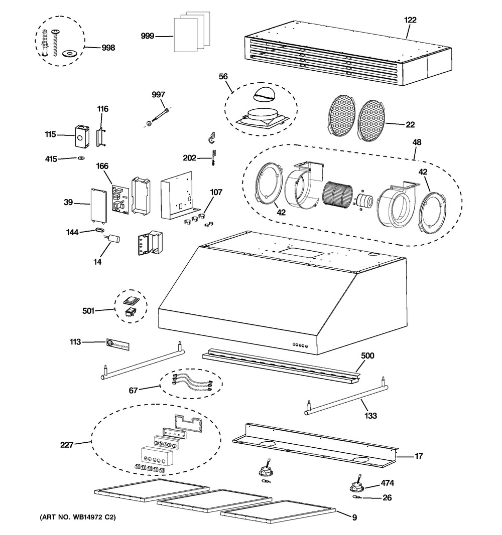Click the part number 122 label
pyautogui.click(x=410, y=20)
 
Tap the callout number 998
pyautogui.click(x=108, y=48)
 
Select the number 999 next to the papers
pyautogui.click(x=148, y=36)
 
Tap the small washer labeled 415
pyautogui.click(x=81, y=158)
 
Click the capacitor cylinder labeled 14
pyautogui.click(x=114, y=238)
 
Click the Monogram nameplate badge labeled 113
pyautogui.click(x=118, y=344)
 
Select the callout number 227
pyautogui.click(x=67, y=445)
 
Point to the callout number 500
pyautogui.click(x=367, y=355)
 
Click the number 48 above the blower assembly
pyautogui.click(x=417, y=142)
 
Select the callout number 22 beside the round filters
pyautogui.click(x=410, y=124)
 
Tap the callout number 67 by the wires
pyautogui.click(x=133, y=390)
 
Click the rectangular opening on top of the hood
pyautogui.click(x=301, y=252)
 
